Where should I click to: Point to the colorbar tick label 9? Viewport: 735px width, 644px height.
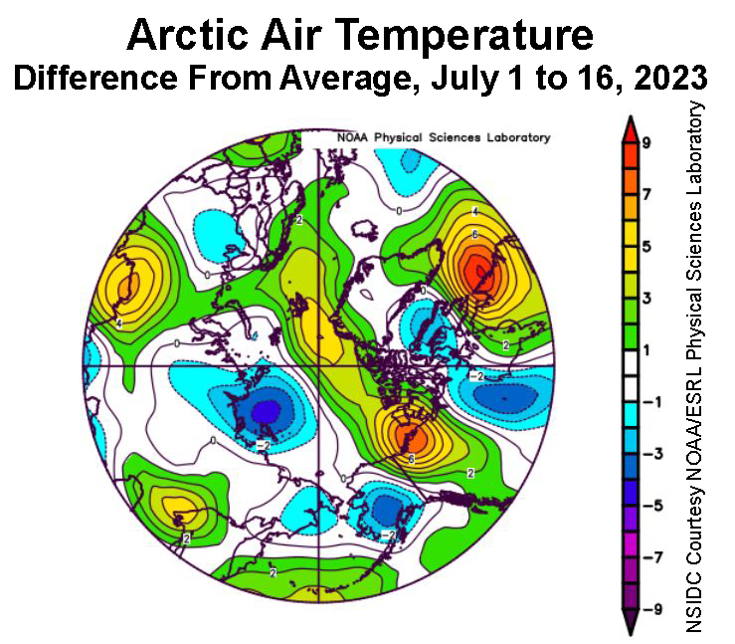(645, 143)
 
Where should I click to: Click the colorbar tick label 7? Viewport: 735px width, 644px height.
(645, 194)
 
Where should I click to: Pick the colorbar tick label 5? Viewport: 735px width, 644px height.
(645, 246)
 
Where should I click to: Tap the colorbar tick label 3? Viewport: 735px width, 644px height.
(645, 298)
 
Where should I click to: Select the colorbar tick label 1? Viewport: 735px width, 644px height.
(645, 349)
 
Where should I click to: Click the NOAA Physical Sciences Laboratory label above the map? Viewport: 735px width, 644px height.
(444, 137)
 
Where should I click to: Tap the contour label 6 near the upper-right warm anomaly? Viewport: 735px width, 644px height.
(475, 234)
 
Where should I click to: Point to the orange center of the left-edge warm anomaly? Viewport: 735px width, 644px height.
(127, 289)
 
